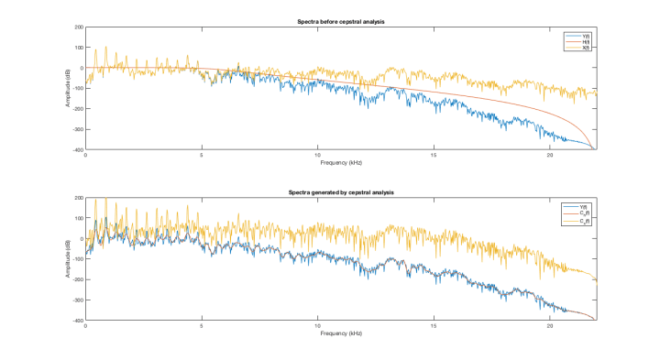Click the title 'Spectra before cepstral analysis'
(340, 21)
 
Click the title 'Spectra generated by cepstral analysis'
(340, 191)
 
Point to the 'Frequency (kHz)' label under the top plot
(340, 162)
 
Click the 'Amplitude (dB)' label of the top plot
(68, 89)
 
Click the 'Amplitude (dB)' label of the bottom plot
(68, 259)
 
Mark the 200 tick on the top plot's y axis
(79, 27)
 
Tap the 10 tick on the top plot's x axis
(317, 155)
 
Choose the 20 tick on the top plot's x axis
(550, 155)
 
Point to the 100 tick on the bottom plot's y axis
(79, 218)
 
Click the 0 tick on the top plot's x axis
(85, 155)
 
